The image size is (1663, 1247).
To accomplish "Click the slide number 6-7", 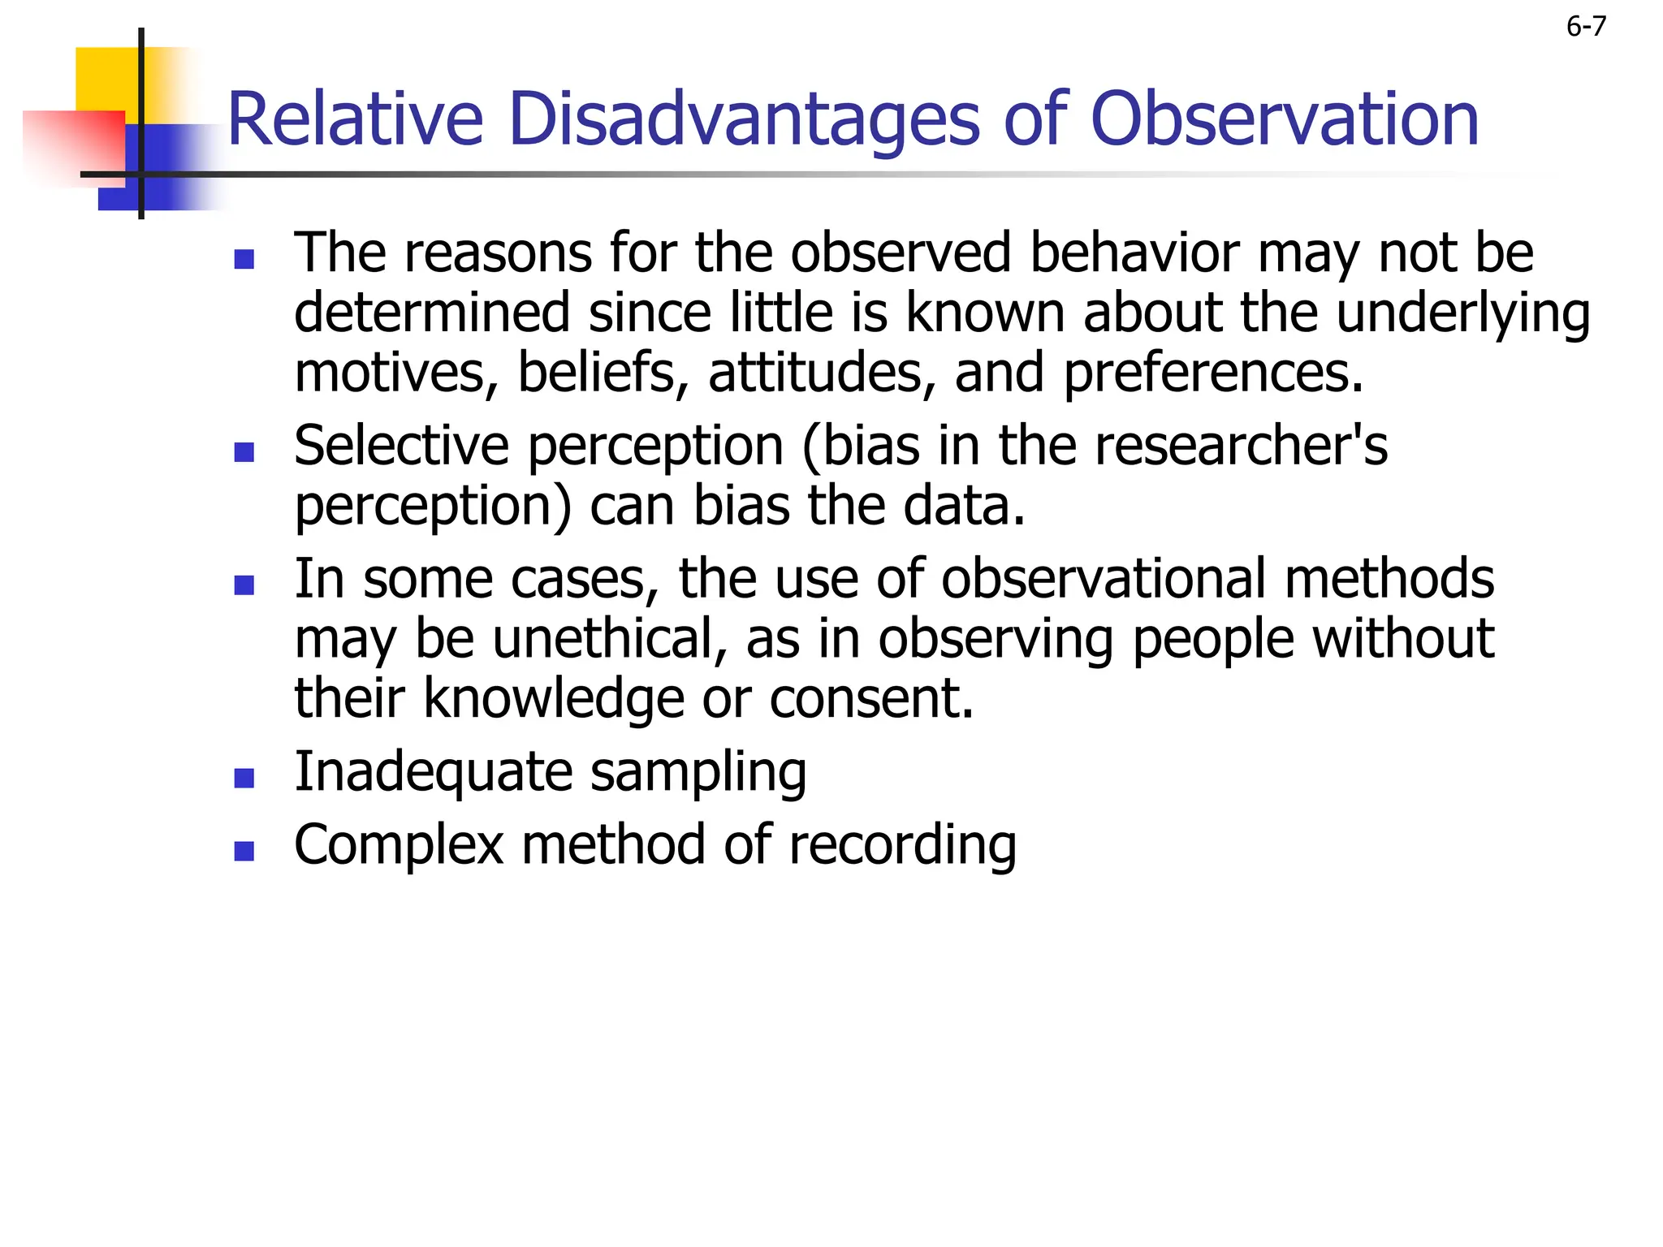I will click(1585, 27).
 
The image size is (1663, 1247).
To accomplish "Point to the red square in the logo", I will click(77, 146).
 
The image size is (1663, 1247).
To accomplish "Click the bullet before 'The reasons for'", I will click(244, 260).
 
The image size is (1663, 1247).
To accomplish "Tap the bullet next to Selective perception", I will click(244, 452).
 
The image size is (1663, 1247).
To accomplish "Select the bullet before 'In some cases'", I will click(244, 585).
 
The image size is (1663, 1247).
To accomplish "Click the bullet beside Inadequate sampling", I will click(244, 779).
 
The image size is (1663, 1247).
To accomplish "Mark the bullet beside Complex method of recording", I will click(244, 851).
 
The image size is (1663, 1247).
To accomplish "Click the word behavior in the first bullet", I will click(1134, 252).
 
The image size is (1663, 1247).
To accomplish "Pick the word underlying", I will click(1462, 313).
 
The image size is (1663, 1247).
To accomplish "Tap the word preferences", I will click(1213, 373).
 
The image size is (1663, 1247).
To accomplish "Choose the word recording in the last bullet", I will click(902, 845).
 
